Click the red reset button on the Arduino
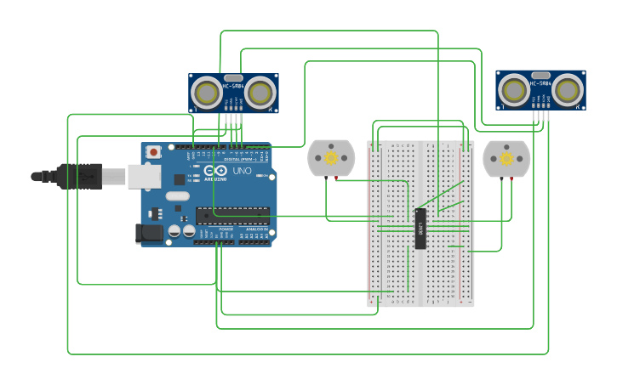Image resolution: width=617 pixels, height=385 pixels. [153, 152]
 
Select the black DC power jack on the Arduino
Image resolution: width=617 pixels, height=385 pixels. [150, 233]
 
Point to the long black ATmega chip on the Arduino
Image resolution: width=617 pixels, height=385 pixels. [232, 216]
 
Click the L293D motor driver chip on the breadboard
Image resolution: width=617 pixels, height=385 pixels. [420, 228]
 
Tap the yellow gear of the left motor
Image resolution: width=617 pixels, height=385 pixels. [331, 158]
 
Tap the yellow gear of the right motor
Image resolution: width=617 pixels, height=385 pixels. [506, 158]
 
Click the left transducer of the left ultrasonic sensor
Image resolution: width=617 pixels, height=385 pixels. [207, 91]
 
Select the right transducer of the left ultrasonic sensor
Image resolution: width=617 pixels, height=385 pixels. [261, 91]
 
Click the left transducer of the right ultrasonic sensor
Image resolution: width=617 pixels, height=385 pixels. [513, 89]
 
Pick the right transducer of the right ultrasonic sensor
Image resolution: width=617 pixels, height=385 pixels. [568, 89]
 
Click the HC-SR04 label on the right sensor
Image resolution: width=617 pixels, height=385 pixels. [540, 83]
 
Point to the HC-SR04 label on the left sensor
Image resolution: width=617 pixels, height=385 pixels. [233, 86]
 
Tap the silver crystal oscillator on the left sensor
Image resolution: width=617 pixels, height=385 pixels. [233, 77]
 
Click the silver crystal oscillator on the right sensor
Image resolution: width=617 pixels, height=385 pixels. [540, 75]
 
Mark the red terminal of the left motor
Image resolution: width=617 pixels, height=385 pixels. [337, 178]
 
